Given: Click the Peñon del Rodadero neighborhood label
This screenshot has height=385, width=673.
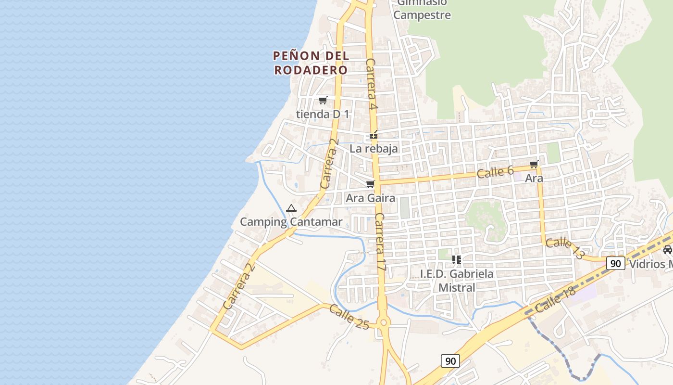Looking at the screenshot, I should point(311,63).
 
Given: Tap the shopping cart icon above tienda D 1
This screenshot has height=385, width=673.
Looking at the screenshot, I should point(323,101).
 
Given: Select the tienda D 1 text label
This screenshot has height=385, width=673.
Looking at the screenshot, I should point(323,115).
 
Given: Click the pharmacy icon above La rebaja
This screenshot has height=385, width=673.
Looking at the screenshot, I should point(374,136).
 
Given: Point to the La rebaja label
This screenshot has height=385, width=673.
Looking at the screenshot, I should point(374,149).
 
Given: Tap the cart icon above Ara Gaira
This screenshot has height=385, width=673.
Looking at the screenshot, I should point(370,184).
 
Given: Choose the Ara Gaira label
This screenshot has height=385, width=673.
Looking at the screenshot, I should point(370,198).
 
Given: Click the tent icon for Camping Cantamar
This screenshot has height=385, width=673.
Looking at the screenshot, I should point(291,208).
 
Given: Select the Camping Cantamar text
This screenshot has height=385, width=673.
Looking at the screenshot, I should point(291,222).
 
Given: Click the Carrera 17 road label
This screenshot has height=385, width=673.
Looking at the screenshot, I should point(380,242).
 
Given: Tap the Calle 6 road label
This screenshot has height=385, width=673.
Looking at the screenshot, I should point(495,172).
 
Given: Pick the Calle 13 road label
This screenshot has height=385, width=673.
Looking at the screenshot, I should point(565,247).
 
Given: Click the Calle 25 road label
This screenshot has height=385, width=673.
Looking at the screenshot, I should point(349,318).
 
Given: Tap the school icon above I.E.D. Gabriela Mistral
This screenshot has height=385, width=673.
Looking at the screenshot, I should point(457,260).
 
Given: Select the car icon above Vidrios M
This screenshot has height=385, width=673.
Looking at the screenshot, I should point(667,249).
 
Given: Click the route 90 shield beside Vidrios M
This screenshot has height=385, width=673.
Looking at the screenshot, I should point(615,263).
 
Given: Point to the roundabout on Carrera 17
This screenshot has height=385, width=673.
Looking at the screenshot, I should point(383,322).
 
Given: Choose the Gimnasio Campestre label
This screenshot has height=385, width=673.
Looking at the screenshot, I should point(422,10).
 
